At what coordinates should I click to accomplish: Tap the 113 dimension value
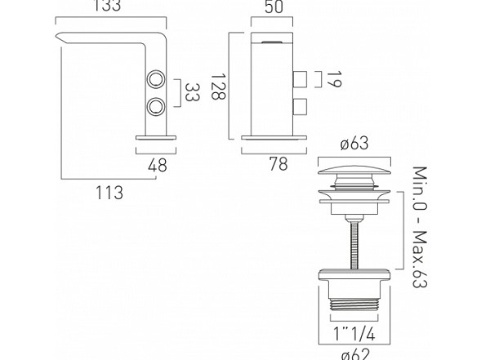pos(109,192)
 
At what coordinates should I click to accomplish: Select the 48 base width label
pos(158,166)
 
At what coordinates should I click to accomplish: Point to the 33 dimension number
pos(192,92)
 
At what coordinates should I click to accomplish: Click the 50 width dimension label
pos(274,7)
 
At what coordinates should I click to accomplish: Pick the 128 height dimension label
pos(218,87)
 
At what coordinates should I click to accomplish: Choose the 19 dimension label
pos(335,79)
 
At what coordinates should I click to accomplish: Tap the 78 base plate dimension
pos(278,164)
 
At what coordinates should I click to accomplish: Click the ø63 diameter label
pos(354,143)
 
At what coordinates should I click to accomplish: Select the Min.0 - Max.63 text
pos(420,227)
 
